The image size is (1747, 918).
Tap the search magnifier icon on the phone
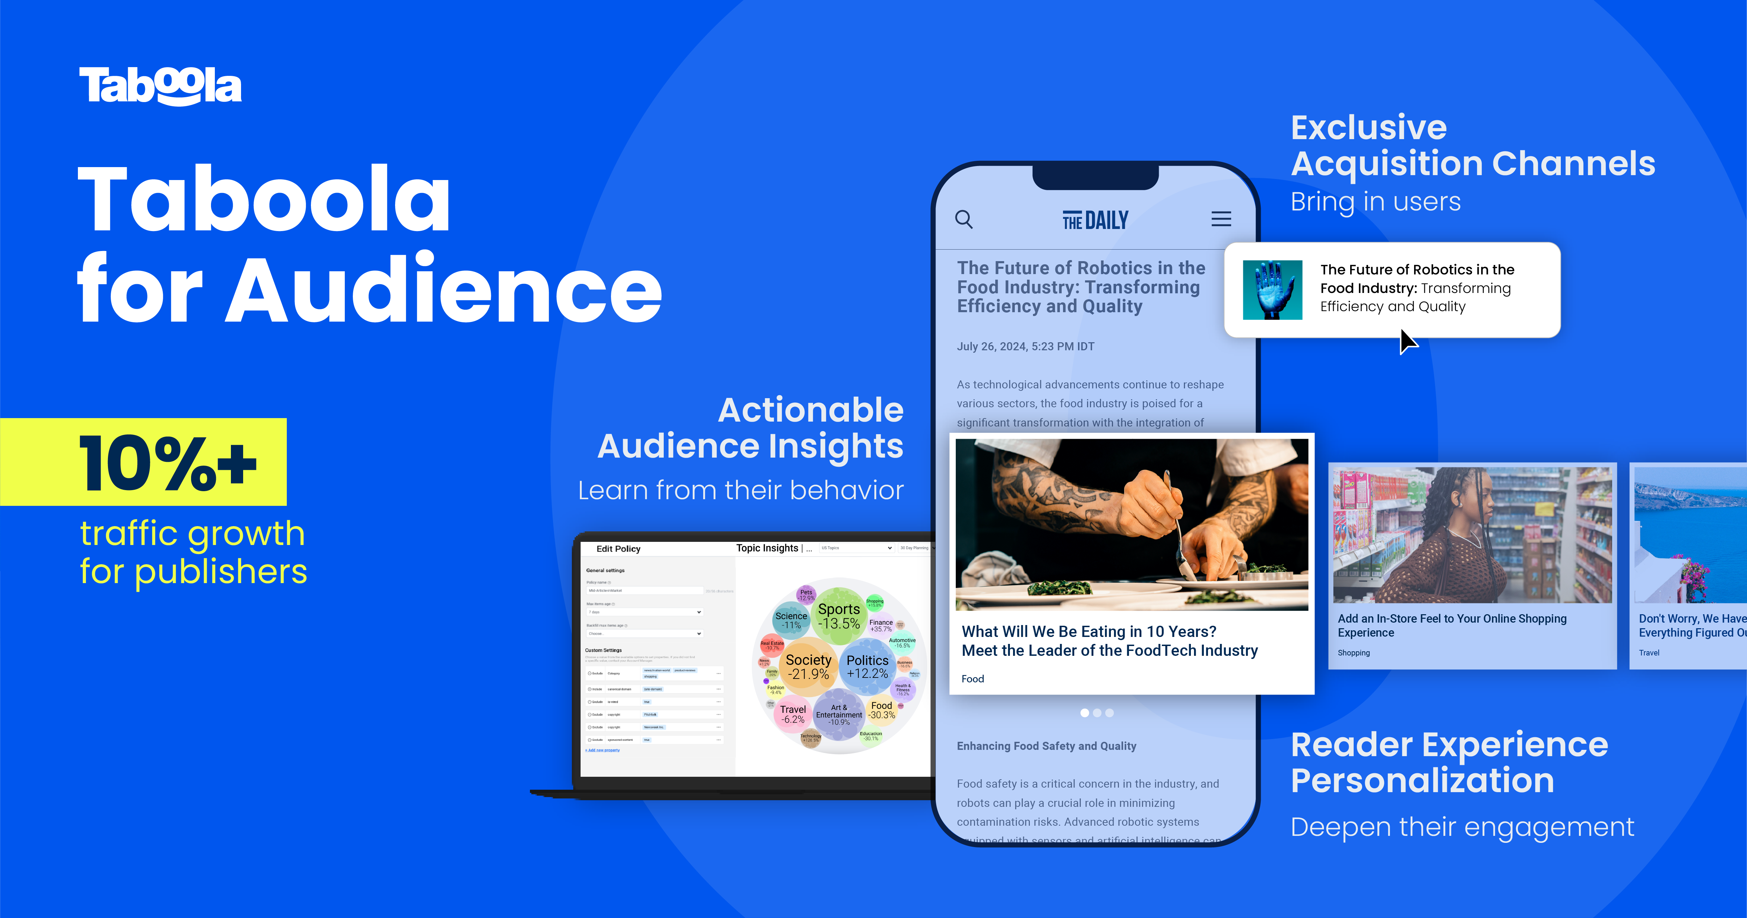(x=964, y=219)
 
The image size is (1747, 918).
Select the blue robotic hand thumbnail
(x=1272, y=290)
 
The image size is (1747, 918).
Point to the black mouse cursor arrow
(x=1407, y=340)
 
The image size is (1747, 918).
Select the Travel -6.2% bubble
(x=792, y=714)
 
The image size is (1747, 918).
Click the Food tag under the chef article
(x=973, y=679)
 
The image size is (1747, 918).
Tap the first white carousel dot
(x=1084, y=713)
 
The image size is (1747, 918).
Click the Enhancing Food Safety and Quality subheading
(x=1046, y=746)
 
